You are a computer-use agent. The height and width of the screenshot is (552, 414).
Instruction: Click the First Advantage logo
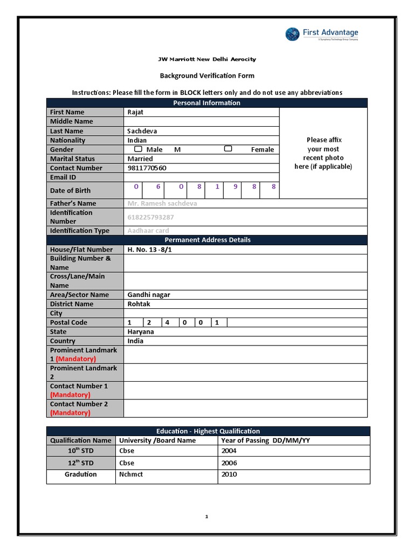click(322, 34)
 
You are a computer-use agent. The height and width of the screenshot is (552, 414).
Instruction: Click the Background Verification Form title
click(207, 76)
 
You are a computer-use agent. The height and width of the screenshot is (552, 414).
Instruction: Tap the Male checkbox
click(139, 149)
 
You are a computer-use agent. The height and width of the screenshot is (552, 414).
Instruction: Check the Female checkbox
click(228, 149)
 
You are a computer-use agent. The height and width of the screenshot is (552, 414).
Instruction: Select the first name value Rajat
click(135, 112)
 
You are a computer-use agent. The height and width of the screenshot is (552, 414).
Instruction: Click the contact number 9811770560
click(147, 168)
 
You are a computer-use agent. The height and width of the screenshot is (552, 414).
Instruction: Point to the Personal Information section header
click(206, 103)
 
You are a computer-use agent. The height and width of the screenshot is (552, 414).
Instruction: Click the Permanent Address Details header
click(206, 240)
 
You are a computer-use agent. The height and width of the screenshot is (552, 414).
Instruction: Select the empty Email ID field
click(201, 177)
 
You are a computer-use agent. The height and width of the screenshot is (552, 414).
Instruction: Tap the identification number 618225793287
click(150, 217)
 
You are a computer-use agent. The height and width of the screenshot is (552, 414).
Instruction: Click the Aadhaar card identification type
click(148, 231)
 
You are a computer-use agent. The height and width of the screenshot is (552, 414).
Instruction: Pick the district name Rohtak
click(139, 304)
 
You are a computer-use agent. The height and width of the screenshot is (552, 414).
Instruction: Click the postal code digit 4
click(167, 323)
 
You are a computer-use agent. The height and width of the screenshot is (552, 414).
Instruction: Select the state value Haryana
click(140, 332)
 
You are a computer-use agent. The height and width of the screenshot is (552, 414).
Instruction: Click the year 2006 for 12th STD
click(229, 463)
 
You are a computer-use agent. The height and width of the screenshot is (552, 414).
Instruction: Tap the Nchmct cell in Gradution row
click(131, 475)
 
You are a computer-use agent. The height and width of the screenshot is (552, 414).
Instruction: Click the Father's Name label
click(73, 204)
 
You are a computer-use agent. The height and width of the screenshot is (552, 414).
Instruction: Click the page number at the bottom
click(206, 517)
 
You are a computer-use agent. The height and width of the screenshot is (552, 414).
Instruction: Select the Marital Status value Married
click(140, 159)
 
